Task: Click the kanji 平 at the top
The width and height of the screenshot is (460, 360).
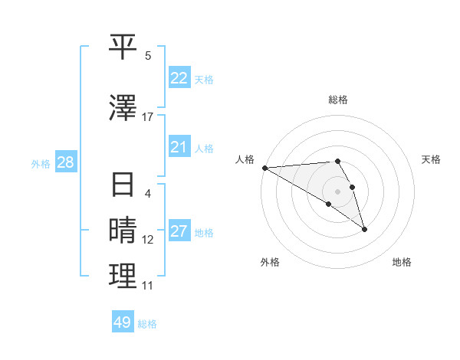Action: click(x=123, y=47)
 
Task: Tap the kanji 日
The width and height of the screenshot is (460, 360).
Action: click(x=123, y=185)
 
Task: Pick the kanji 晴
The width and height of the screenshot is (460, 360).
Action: click(x=123, y=231)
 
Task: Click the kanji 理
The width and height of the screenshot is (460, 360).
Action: click(x=123, y=277)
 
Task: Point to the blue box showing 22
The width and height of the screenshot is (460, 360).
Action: click(x=179, y=78)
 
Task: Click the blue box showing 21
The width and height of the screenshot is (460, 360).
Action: click(x=179, y=147)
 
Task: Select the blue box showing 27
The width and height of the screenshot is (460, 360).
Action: click(x=179, y=231)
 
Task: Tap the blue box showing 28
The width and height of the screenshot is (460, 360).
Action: click(x=65, y=162)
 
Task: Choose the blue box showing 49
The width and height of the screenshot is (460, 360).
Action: click(x=123, y=322)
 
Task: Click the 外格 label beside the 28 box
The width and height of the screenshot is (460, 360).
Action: click(x=41, y=163)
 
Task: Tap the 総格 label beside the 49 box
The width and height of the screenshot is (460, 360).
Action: click(x=147, y=323)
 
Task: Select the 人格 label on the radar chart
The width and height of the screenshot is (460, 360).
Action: click(x=245, y=159)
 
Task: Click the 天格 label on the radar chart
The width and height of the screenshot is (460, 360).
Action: click(x=431, y=159)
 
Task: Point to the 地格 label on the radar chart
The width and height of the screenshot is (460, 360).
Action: click(x=402, y=262)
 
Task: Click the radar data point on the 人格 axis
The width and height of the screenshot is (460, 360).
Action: click(x=264, y=168)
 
